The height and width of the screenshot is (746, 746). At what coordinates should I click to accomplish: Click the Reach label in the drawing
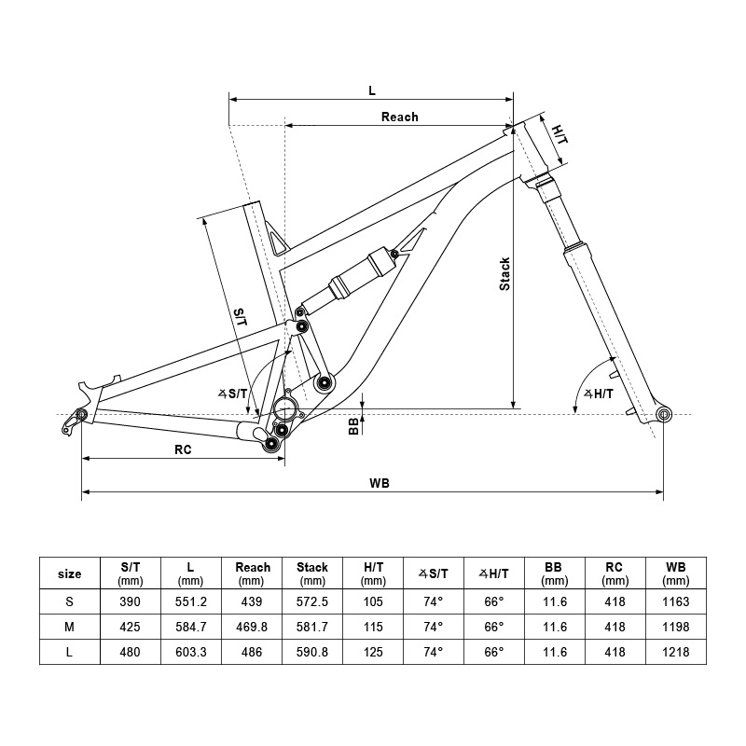click(399, 117)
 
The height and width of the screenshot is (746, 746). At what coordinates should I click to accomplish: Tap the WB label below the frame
click(379, 482)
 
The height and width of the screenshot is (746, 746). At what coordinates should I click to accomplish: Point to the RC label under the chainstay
click(183, 449)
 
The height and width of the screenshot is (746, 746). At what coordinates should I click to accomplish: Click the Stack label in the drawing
click(504, 274)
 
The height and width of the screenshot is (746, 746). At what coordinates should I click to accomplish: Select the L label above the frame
click(371, 90)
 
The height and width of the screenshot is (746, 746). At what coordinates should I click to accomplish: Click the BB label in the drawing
click(353, 425)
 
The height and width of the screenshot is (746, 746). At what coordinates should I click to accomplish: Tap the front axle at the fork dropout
click(664, 413)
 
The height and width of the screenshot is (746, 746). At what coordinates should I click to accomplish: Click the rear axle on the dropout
click(81, 414)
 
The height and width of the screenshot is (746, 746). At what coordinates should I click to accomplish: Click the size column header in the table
click(69, 573)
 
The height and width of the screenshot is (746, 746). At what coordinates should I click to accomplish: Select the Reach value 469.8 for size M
click(252, 626)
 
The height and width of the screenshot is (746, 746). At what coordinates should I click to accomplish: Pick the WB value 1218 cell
click(676, 653)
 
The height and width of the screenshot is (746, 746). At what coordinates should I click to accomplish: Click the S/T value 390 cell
click(131, 601)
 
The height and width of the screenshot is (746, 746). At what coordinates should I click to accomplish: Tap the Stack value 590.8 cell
click(312, 653)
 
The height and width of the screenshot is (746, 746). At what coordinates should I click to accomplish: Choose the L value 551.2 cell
click(190, 601)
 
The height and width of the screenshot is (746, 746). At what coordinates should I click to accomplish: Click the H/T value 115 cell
click(373, 626)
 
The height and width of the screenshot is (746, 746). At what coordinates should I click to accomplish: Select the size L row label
click(69, 653)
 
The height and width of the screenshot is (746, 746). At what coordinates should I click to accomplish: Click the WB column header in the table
click(676, 573)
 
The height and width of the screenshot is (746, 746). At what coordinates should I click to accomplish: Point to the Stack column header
click(312, 573)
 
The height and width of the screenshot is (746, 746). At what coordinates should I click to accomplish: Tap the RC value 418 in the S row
click(615, 601)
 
